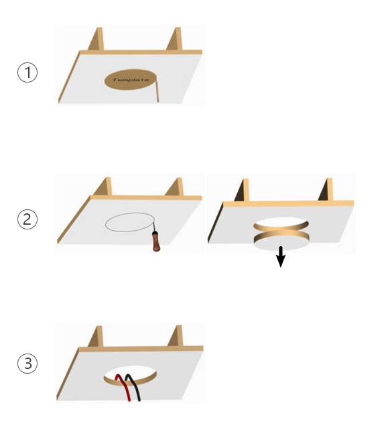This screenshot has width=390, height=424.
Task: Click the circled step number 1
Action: [x=27, y=72]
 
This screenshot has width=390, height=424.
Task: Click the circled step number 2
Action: [x=27, y=219]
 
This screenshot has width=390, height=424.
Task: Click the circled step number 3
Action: [x=27, y=364]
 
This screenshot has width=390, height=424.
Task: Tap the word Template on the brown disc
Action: [x=131, y=80]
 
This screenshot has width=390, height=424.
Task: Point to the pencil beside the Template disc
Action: [x=157, y=90]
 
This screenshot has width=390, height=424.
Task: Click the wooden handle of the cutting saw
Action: [x=156, y=242]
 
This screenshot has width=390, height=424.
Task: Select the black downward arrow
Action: [x=281, y=257]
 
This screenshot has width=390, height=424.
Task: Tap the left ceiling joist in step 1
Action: [x=97, y=39]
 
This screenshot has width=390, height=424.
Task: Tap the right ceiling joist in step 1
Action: [x=175, y=39]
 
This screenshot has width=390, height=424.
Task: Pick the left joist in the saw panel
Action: [x=105, y=187]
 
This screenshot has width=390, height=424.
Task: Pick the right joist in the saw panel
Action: [x=176, y=187]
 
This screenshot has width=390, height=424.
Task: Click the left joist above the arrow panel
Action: [x=243, y=190]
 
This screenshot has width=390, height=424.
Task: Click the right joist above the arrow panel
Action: [x=326, y=190]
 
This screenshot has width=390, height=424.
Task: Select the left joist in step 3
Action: [x=96, y=336]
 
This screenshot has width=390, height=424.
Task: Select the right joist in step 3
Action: [x=176, y=335]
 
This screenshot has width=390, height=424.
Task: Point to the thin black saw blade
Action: [x=153, y=227]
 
